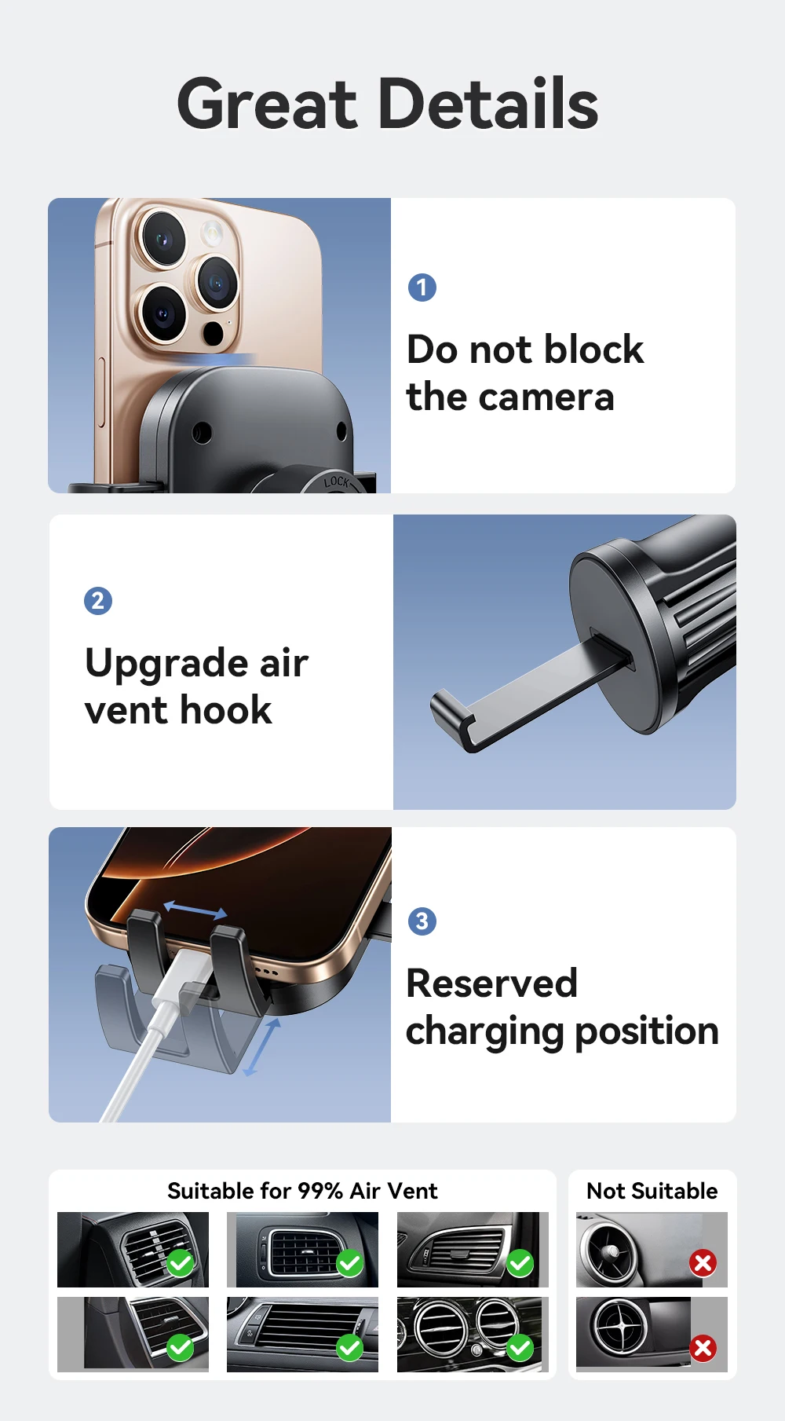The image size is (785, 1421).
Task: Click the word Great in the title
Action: tap(268, 104)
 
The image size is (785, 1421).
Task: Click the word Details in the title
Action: tap(489, 104)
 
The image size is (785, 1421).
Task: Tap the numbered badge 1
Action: tap(422, 287)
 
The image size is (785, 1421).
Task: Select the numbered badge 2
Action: tap(98, 601)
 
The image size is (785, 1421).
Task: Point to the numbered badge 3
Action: tap(422, 921)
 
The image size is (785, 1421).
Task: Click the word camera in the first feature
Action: tap(547, 397)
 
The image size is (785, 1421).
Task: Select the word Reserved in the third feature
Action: tap(492, 983)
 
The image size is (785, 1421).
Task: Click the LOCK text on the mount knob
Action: tap(337, 481)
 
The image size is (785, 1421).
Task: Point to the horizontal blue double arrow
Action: tap(195, 910)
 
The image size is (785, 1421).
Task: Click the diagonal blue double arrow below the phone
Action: tap(261, 1048)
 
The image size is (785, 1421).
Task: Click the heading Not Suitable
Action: tap(652, 1191)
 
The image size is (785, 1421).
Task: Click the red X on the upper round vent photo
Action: tap(703, 1263)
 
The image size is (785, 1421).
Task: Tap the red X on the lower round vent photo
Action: tap(703, 1348)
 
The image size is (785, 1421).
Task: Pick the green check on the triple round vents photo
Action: tap(520, 1348)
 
